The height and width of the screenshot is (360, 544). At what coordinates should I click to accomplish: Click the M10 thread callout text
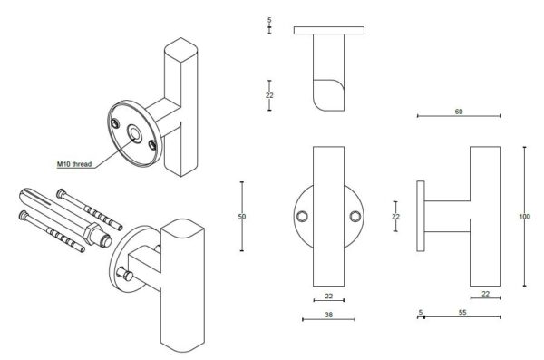pyautogui.click(x=74, y=164)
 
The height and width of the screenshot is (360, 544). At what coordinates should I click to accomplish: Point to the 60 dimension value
pyautogui.click(x=459, y=112)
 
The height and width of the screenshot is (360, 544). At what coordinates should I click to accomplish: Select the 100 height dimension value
pyautogui.click(x=524, y=217)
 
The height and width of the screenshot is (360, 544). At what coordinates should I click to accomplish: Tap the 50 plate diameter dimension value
pyautogui.click(x=242, y=217)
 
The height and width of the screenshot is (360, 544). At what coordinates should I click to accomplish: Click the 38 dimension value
pyautogui.click(x=328, y=315)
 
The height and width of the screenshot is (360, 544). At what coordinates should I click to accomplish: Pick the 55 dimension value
pyautogui.click(x=462, y=313)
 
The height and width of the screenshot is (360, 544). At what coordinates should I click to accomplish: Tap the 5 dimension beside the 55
pyautogui.click(x=421, y=313)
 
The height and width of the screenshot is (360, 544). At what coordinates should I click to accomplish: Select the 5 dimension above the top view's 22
pyautogui.click(x=269, y=21)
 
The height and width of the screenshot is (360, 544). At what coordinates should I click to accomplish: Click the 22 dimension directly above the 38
pyautogui.click(x=328, y=297)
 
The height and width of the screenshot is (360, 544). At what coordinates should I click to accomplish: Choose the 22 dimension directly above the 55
pyautogui.click(x=486, y=294)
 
